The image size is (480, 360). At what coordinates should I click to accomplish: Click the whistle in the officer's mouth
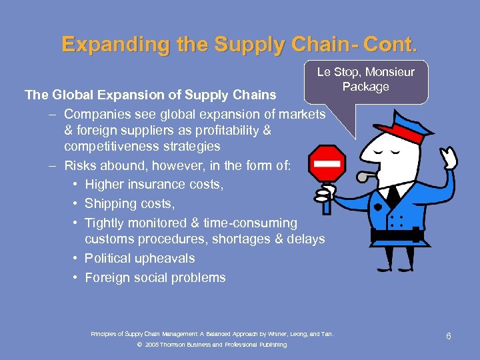tap(365, 176)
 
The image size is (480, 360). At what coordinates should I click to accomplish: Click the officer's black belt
tap(397, 235)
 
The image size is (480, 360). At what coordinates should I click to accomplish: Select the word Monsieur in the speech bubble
tap(389, 72)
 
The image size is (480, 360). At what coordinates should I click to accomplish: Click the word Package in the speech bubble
tap(365, 87)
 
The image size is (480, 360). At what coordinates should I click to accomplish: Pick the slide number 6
tap(449, 336)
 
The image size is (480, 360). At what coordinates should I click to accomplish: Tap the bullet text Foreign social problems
tap(155, 277)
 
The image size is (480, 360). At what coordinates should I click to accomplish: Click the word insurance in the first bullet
tap(157, 184)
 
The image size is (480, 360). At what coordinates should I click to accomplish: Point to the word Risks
tap(81, 165)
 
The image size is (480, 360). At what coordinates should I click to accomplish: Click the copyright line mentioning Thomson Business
tap(211, 345)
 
